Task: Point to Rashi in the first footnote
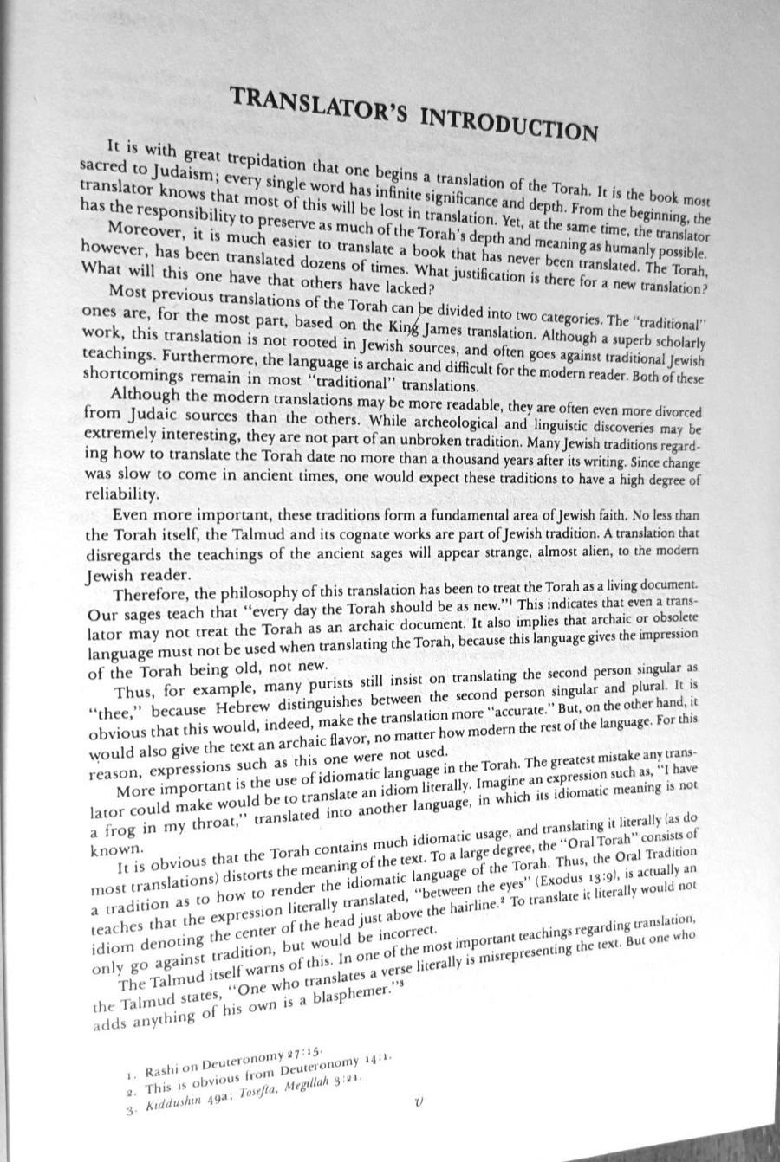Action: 166,1071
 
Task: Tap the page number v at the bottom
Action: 420,1102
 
